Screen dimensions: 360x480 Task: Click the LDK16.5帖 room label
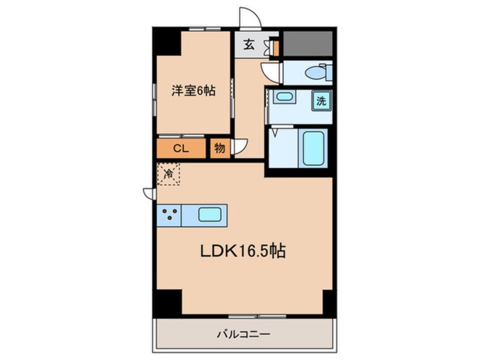point(242,251)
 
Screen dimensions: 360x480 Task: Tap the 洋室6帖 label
point(193,90)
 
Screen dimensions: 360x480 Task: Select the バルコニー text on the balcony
point(243,334)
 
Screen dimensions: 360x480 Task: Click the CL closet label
point(181,149)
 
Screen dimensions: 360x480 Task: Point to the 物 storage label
point(220,149)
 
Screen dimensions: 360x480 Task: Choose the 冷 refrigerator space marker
point(169,174)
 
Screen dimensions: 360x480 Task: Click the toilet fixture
point(315,73)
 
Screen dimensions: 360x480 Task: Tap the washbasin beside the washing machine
point(283,97)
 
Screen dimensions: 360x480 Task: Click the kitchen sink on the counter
point(210,215)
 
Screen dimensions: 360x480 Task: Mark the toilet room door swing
point(272,72)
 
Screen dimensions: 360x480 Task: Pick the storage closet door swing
point(239,147)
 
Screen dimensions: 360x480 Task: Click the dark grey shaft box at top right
point(308,44)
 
